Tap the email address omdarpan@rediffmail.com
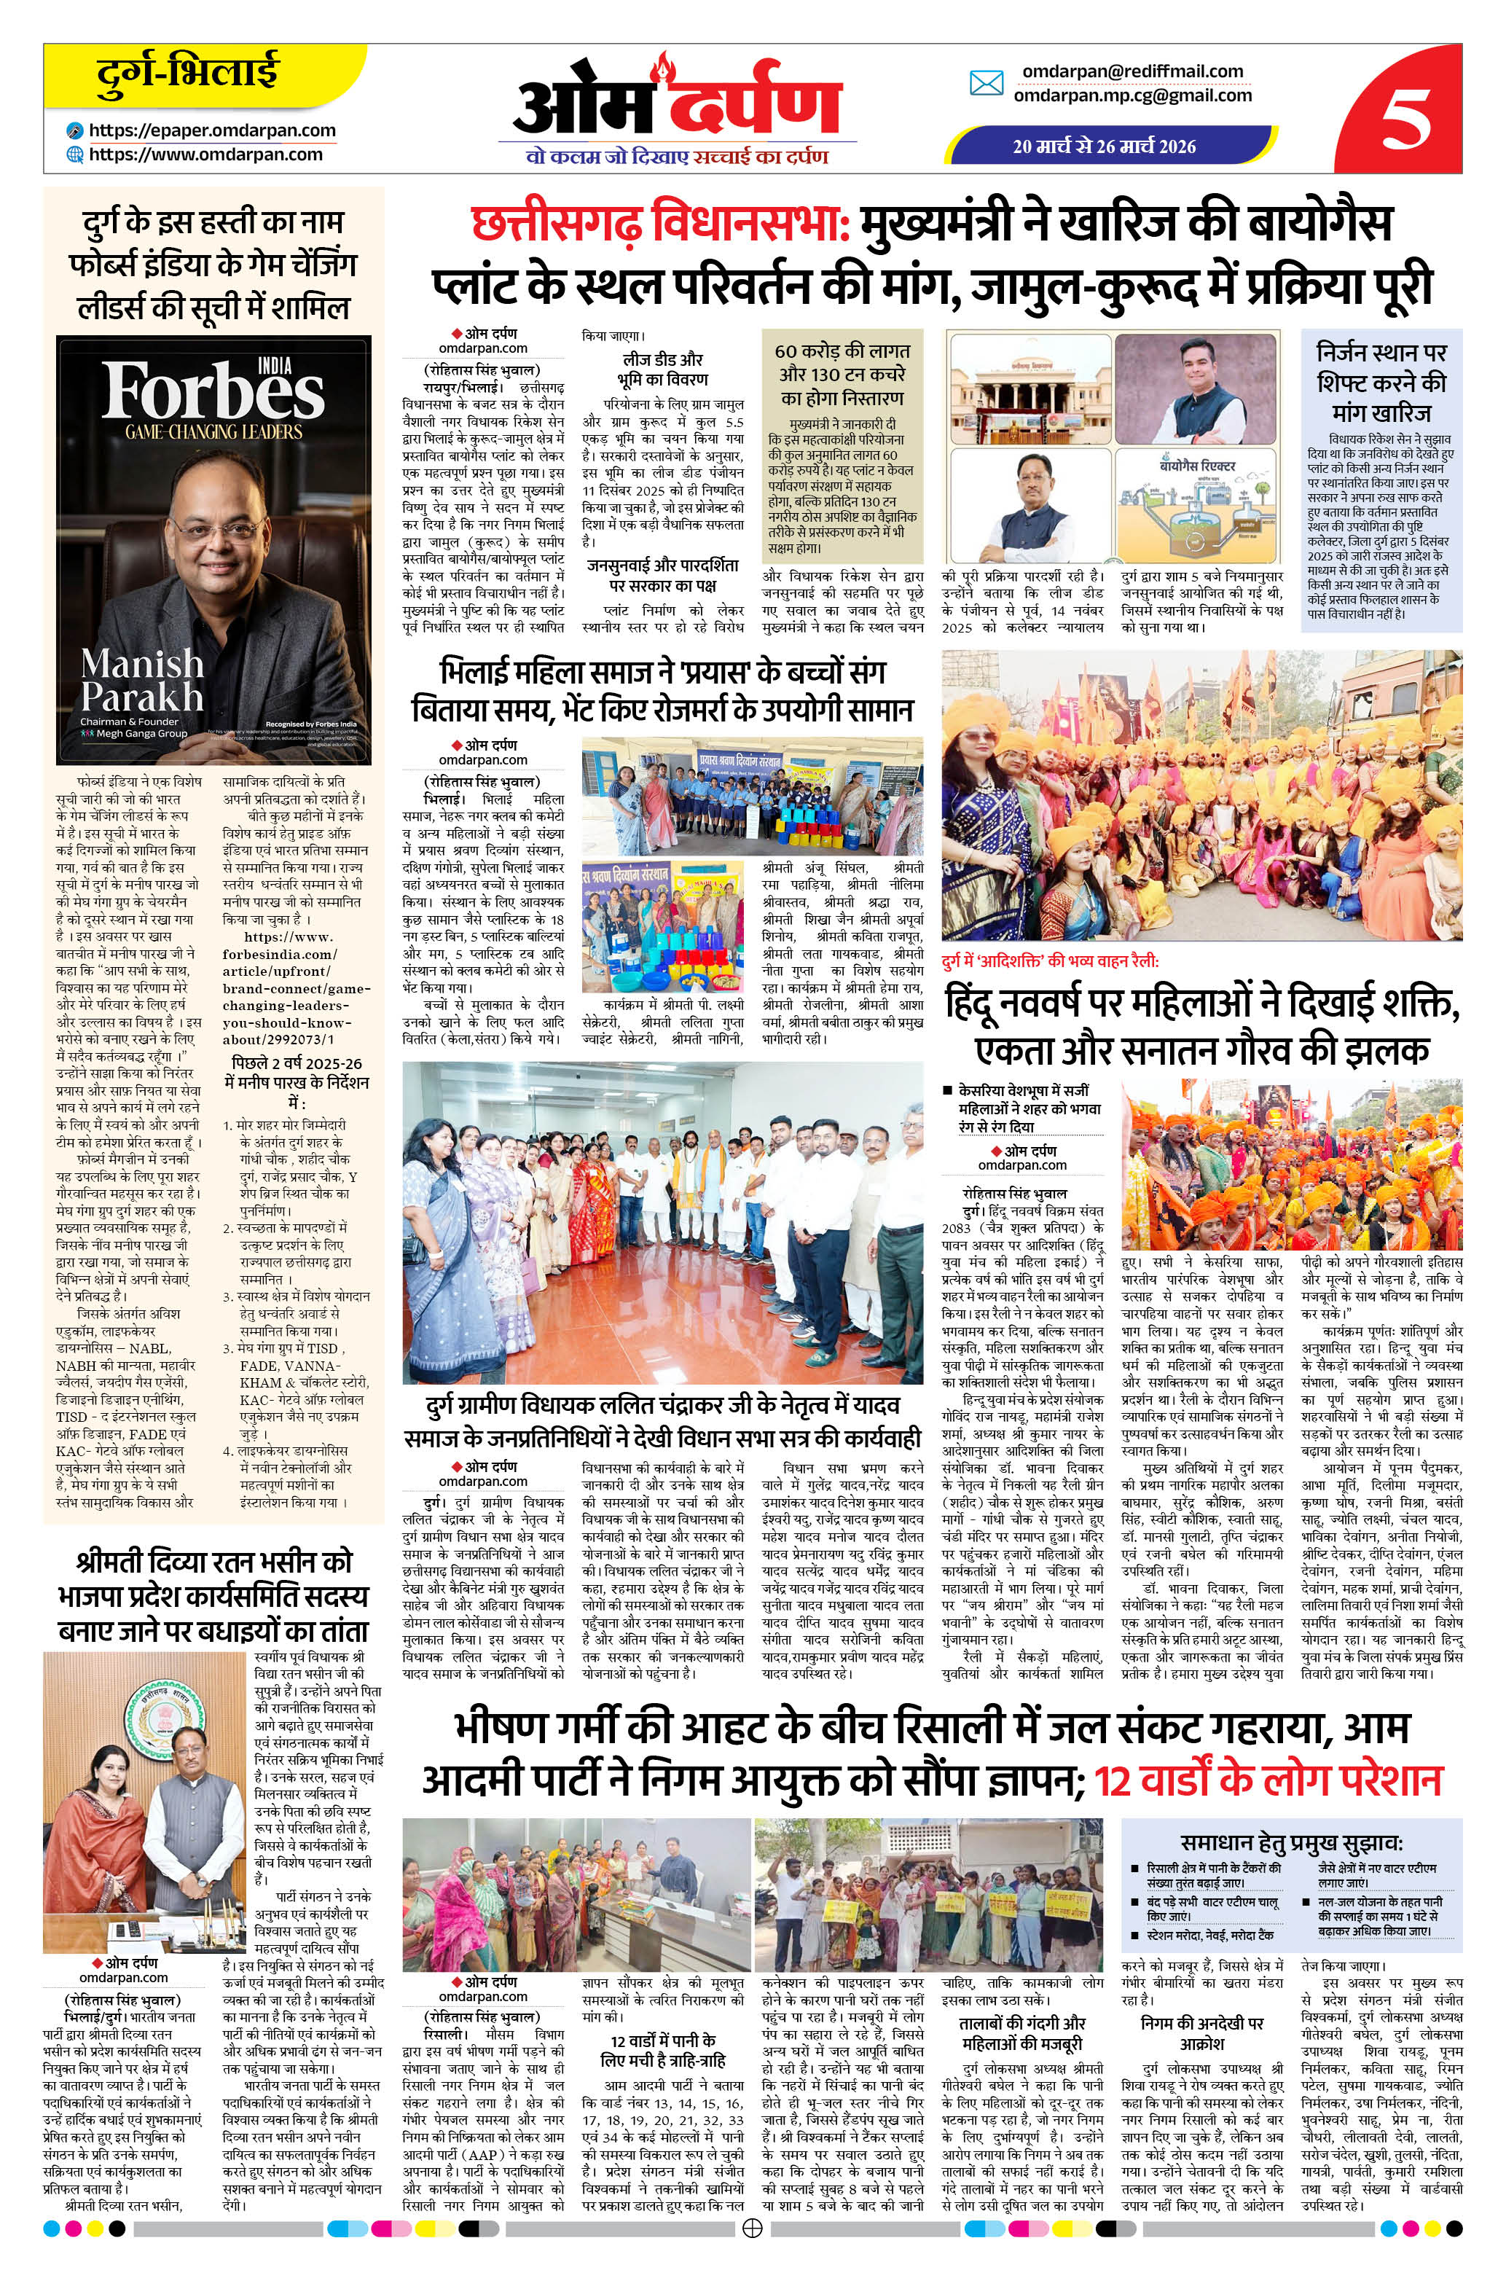click(x=1132, y=71)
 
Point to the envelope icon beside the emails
click(x=987, y=84)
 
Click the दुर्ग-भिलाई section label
click(x=188, y=73)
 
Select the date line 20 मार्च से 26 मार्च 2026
click(x=1105, y=146)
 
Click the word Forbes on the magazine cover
click(x=213, y=392)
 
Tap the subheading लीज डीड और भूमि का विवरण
click(x=664, y=369)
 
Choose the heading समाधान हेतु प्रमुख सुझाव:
click(x=1292, y=1843)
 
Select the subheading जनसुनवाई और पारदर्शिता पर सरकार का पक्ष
click(x=664, y=574)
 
